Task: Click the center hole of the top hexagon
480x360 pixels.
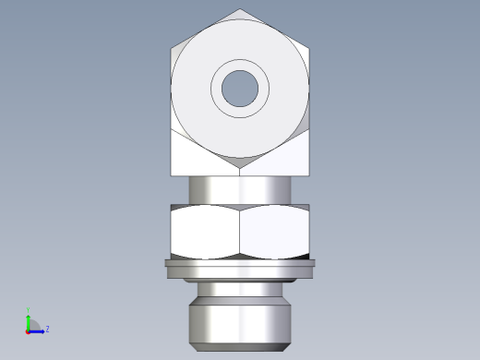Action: (239, 88)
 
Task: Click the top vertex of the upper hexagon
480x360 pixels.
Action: (239, 10)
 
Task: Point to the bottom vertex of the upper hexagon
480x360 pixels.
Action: (239, 167)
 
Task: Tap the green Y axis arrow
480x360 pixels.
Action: (29, 316)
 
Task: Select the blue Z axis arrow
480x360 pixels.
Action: (39, 330)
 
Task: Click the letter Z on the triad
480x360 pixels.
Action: (47, 328)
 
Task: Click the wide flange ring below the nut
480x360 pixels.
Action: (239, 270)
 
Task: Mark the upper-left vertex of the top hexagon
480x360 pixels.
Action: (172, 48)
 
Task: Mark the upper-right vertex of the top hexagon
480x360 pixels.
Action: (307, 48)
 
